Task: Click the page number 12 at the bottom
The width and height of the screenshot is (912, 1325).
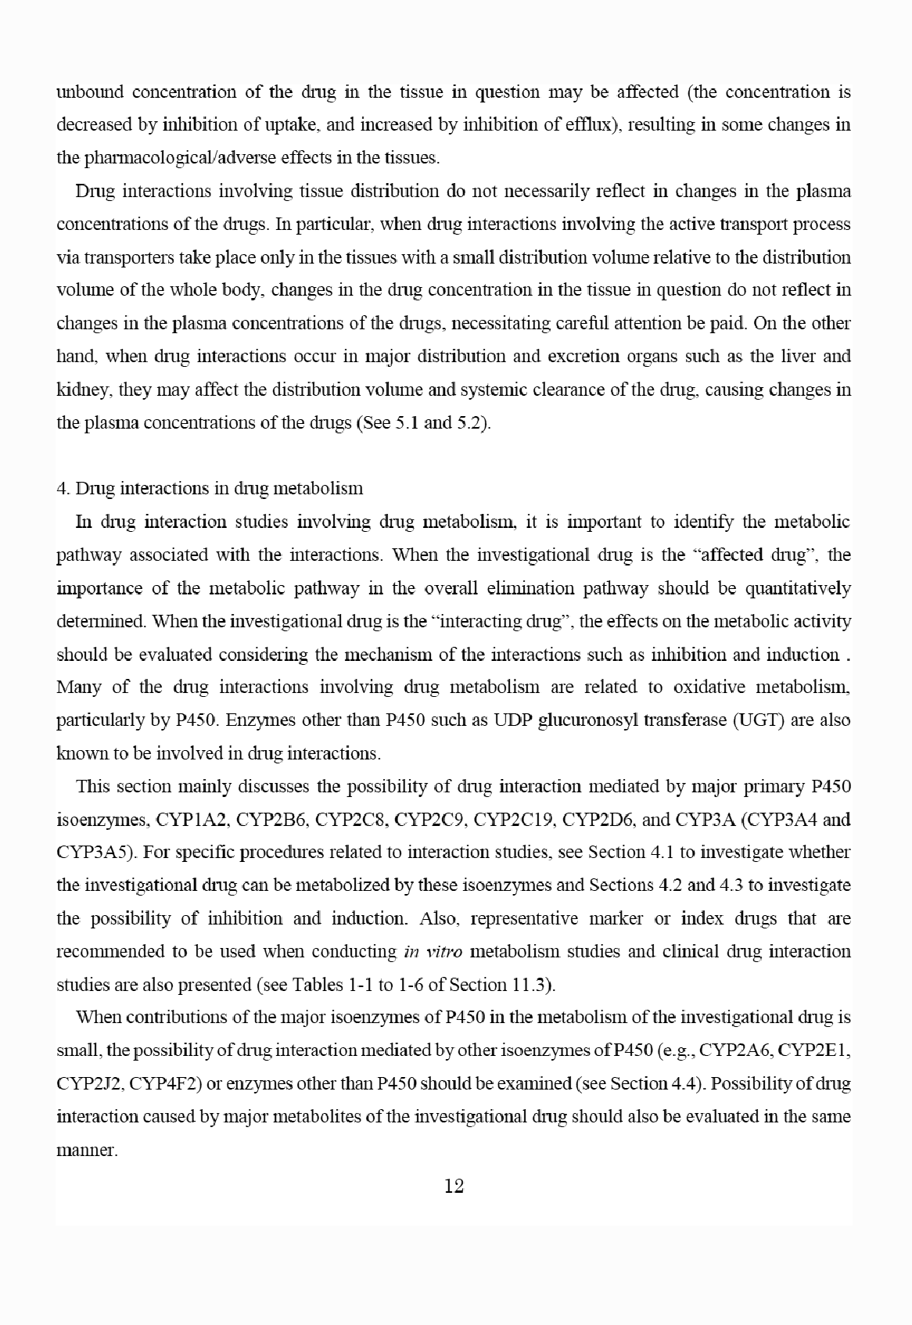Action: coord(454,1186)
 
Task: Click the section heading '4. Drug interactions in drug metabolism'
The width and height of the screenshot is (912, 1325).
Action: coord(210,489)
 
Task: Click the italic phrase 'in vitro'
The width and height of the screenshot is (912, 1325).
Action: coord(433,952)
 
